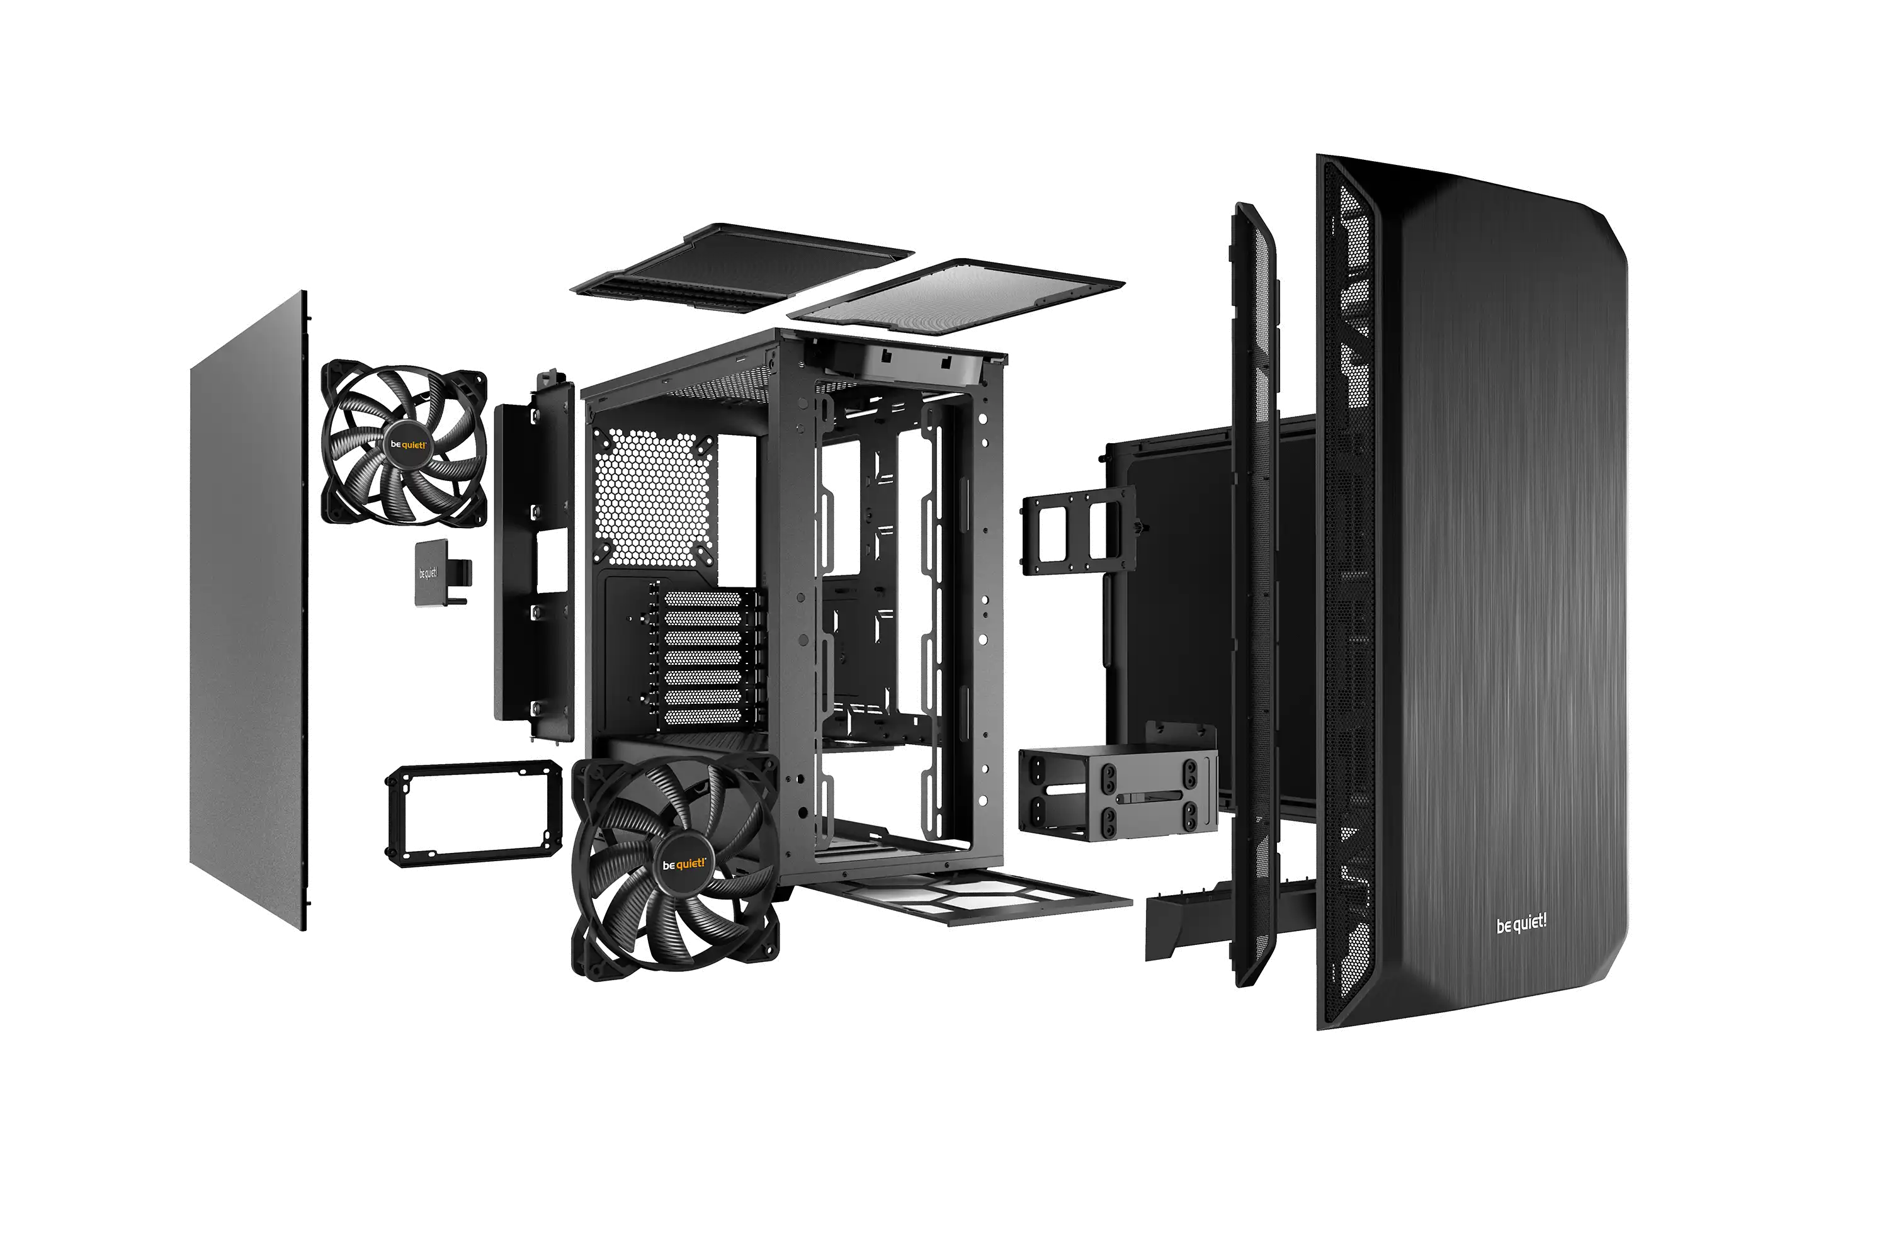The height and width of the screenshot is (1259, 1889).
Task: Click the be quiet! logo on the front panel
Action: pos(1521,924)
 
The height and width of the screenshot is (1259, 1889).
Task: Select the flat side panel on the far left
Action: pos(248,610)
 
